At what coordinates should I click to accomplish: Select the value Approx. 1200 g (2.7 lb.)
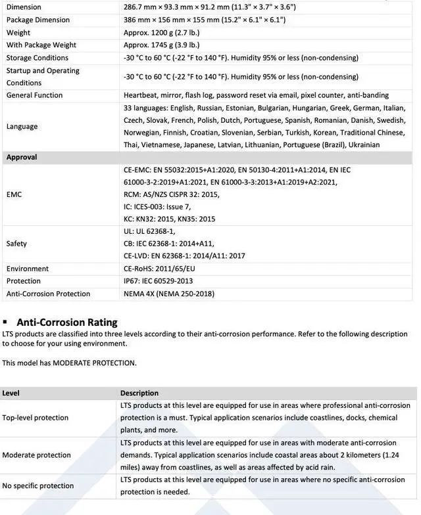pos(161,32)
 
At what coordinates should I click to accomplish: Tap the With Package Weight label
pos(41,45)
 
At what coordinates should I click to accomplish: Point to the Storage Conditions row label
pos(37,58)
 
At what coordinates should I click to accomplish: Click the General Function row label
pos(35,95)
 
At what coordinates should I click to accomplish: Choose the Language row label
pos(22,126)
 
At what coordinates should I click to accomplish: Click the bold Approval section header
pos(22,158)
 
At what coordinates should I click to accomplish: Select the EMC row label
pos(14,194)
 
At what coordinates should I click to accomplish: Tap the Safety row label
pos(16,244)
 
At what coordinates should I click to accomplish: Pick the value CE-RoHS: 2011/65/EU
pos(159,269)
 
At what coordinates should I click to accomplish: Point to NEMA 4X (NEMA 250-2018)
pos(169,294)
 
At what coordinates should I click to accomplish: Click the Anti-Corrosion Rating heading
pos(67,322)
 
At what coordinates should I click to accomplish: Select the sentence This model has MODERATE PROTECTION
pos(69,363)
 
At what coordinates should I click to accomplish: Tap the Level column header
pos(11,393)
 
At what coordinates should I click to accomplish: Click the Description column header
pos(139,393)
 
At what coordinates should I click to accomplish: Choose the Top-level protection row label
pos(35,418)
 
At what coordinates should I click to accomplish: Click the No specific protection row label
pos(38,486)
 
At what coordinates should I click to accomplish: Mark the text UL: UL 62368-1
pos(149,231)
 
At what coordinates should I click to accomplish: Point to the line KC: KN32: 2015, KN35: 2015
pos(170,219)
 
